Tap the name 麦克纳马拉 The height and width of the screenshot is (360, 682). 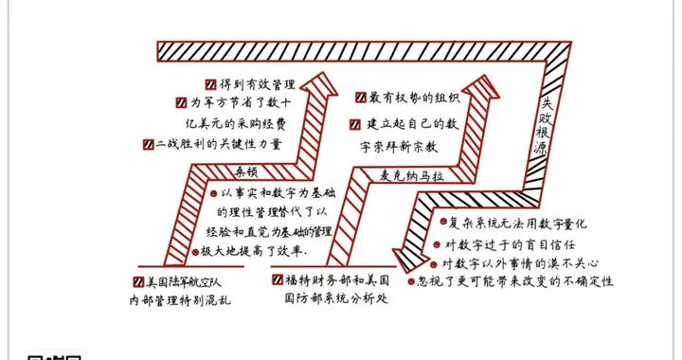386,173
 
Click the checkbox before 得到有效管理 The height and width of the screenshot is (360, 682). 209,84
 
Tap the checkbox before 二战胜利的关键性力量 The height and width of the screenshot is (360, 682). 147,145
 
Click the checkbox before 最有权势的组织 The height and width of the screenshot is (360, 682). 361,98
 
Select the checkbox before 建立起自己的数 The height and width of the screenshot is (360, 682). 355,124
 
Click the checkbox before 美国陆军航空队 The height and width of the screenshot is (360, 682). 139,282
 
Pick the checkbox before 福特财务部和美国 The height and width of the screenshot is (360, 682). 278,281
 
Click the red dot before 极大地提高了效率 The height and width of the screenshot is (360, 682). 194,251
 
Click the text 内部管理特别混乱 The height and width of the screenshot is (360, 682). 180,301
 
